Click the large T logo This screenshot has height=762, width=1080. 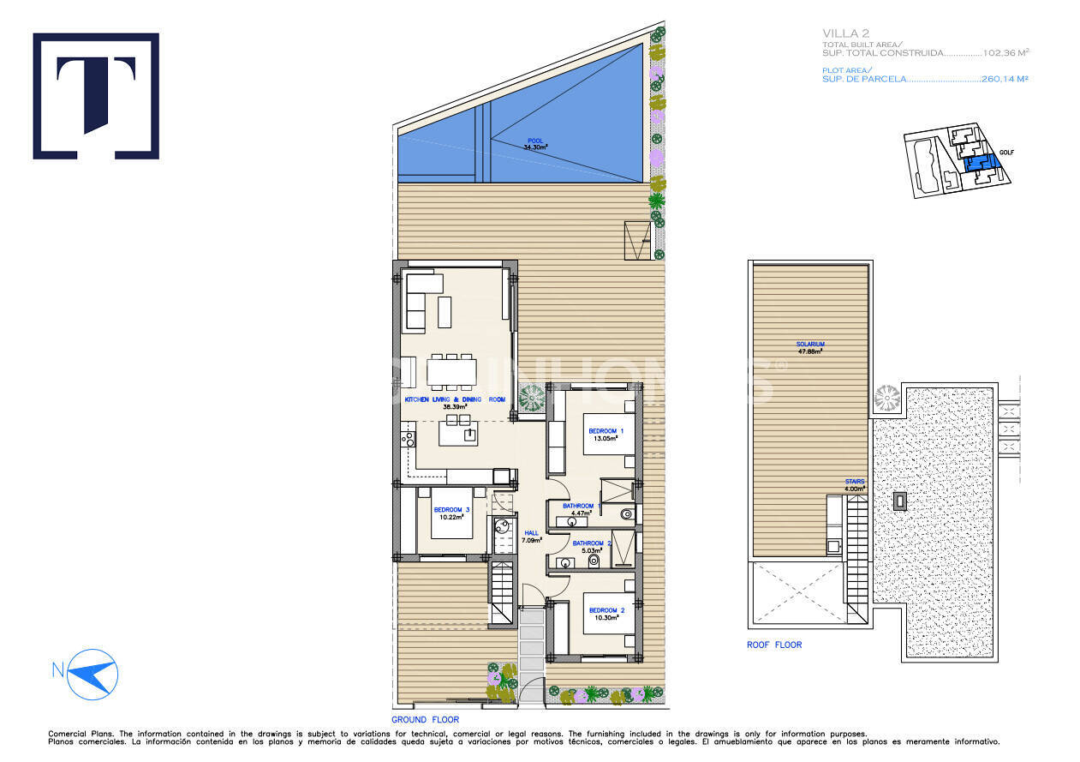[x=96, y=96]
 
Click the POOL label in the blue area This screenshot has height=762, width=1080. [x=535, y=141]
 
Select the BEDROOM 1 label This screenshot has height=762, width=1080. [x=606, y=430]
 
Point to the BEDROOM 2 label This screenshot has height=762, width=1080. [x=606, y=610]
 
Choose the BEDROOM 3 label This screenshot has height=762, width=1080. [x=451, y=510]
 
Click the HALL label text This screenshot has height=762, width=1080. [x=532, y=532]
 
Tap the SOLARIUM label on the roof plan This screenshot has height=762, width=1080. [x=809, y=344]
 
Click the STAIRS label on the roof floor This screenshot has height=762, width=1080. [x=855, y=482]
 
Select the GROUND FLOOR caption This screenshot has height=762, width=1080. [x=425, y=720]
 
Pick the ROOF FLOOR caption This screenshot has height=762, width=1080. [x=774, y=645]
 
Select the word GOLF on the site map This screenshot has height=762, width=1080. [x=1006, y=153]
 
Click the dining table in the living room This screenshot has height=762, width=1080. [x=451, y=370]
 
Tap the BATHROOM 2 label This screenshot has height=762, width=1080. [x=592, y=543]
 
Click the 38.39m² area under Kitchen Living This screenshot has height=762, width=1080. [x=454, y=407]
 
